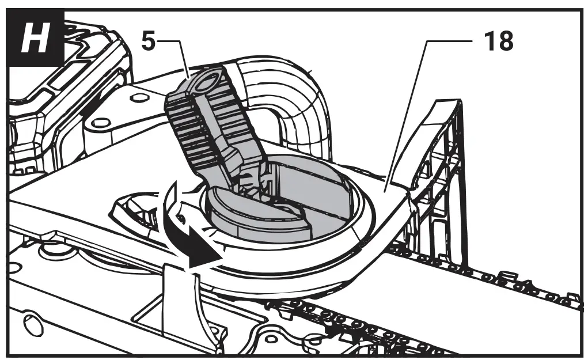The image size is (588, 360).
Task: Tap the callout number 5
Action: (x=148, y=41)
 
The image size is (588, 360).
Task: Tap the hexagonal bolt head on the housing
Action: (x=136, y=98)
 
